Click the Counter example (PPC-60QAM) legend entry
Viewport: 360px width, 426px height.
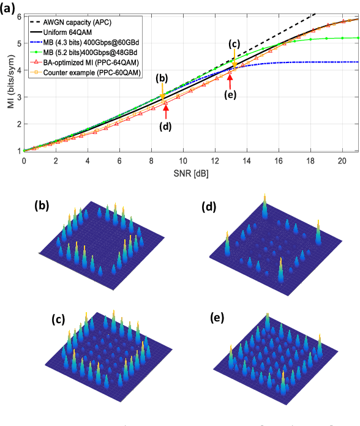click(x=96, y=72)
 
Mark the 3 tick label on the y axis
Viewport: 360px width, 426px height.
click(x=18, y=97)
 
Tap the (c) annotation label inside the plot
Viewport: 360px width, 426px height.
click(x=234, y=44)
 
